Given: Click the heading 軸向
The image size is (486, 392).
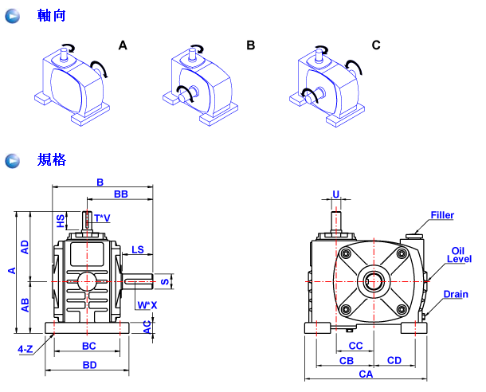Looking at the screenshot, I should coord(52,15).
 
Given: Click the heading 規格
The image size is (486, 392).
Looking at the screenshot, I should coord(52,160).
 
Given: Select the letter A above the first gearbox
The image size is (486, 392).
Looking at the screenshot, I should coord(123,45).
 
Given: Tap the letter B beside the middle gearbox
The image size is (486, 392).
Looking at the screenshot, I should coord(250,45).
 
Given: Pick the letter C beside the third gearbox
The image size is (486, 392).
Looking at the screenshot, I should coord(376,45).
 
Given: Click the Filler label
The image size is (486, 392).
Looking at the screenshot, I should coord(442,215).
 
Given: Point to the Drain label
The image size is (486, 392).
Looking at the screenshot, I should coord(456,294).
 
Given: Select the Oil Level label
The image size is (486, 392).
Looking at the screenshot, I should coord(460,254).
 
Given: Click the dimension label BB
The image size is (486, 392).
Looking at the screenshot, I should coord(121,194).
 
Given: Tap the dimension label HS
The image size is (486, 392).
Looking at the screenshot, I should coord(61,219).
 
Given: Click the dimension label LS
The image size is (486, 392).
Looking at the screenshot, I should coord(138,249).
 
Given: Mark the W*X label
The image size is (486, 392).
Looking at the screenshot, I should coord(147,305).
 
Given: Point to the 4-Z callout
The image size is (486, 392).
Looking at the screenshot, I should coord(25,349).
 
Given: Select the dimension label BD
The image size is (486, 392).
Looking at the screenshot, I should coord(89,365).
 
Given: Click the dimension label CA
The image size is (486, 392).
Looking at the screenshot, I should coord(366,374).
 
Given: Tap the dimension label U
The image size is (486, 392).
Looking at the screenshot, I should coord(335,194).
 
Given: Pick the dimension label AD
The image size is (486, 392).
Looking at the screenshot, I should coord(25,246).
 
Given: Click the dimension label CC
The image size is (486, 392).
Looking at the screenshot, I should coord(356,346).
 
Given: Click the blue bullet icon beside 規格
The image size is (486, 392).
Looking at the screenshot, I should coord(13,160).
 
